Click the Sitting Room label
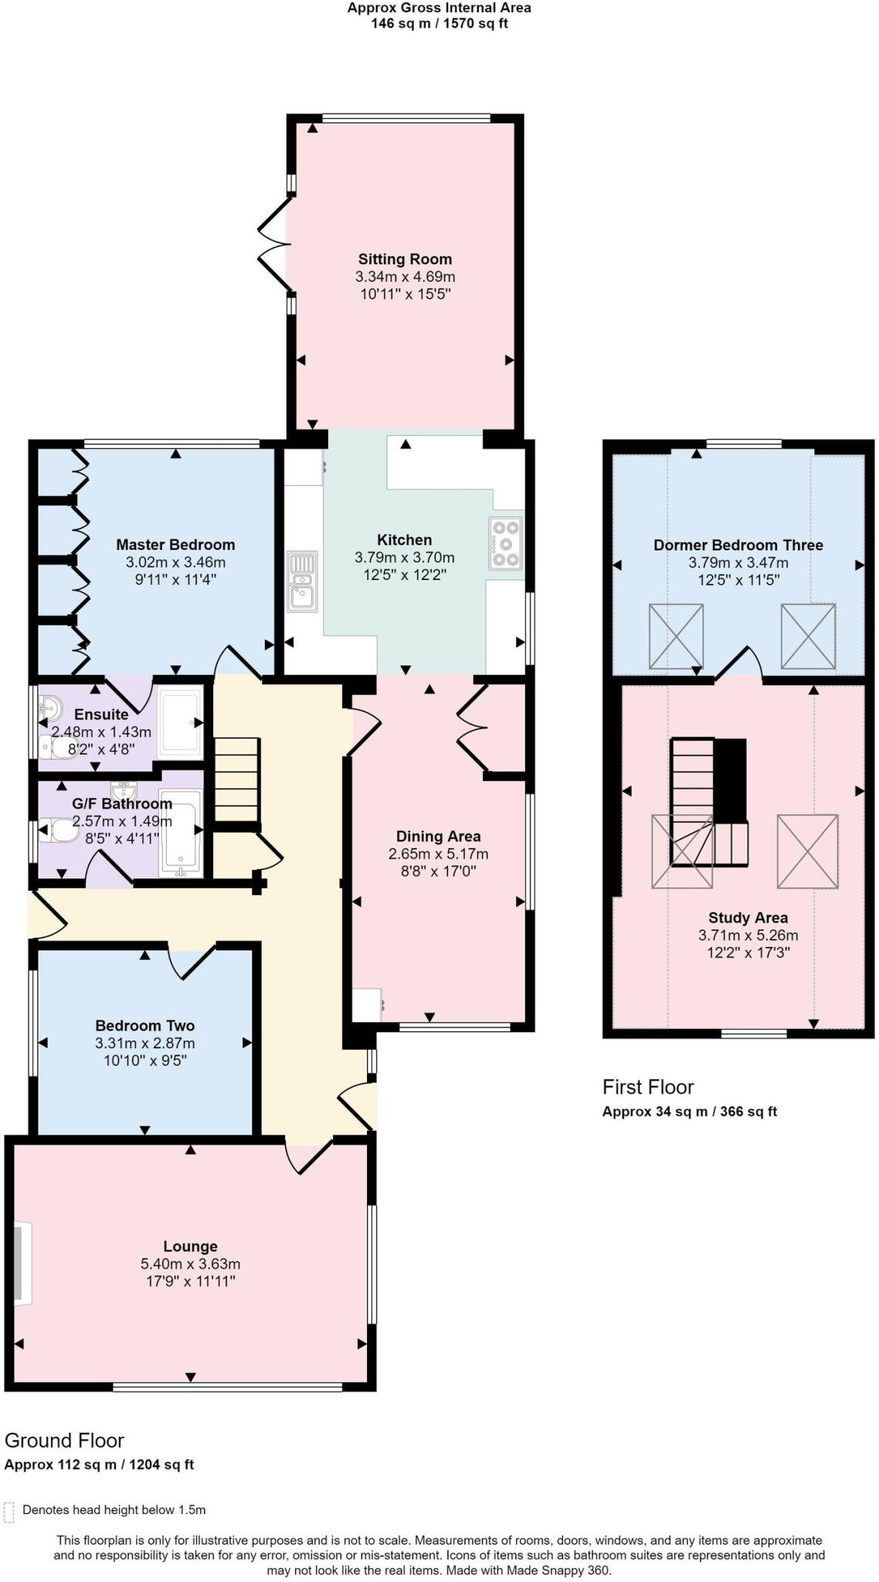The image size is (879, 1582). [405, 260]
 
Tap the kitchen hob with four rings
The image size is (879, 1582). [506, 543]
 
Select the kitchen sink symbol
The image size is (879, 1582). [302, 580]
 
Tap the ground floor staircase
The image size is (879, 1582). [236, 779]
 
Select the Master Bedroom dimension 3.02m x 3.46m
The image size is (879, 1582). [175, 562]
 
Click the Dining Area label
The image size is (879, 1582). [438, 836]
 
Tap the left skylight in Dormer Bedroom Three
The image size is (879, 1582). [676, 636]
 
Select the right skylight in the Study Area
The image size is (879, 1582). [807, 850]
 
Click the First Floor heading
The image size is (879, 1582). [648, 1087]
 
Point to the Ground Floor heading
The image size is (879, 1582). [64, 1440]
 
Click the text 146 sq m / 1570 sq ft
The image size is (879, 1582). [439, 23]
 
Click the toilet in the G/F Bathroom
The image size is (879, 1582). [56, 830]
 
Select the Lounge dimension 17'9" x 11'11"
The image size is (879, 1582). [190, 1281]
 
